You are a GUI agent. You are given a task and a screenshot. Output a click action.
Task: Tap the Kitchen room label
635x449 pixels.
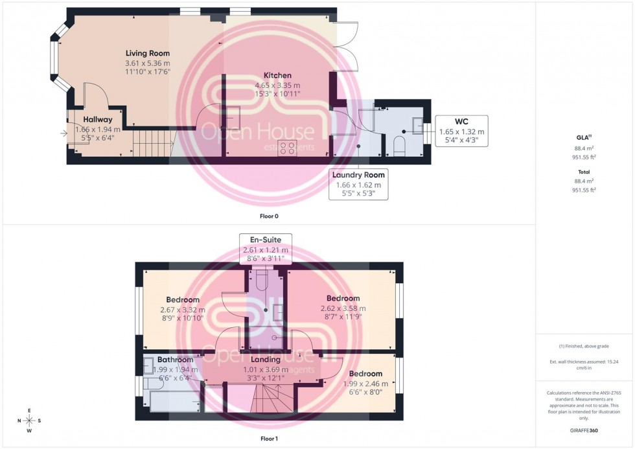point(277,75)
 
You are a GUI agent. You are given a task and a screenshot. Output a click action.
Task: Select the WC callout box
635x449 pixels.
point(461,132)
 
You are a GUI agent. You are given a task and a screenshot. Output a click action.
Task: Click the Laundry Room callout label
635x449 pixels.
point(358,184)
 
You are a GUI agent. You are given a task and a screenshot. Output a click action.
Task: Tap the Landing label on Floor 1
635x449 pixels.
point(266,359)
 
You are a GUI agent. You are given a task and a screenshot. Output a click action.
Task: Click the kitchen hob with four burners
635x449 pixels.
point(287,148)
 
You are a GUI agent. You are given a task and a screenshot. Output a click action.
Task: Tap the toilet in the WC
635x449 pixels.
point(400,145)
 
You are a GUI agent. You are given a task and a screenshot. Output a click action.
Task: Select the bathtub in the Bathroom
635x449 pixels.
point(175,401)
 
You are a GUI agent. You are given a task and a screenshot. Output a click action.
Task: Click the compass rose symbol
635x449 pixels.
point(29,420)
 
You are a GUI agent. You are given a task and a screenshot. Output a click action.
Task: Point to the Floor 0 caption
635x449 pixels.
point(268,216)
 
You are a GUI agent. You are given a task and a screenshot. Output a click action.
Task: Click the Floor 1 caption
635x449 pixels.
point(268,439)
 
